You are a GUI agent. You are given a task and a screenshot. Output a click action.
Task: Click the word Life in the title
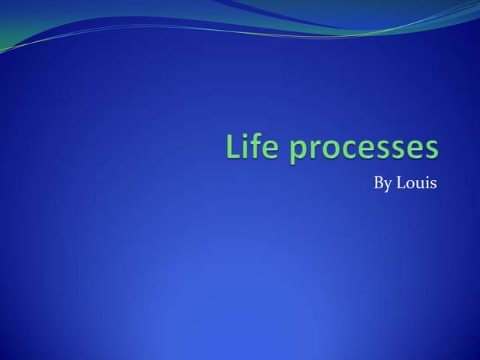tap(250, 147)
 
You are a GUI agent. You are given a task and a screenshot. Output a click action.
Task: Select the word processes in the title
tap(364, 148)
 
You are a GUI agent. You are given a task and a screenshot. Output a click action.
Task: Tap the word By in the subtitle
tap(382, 184)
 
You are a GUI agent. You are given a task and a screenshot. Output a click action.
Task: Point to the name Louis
tap(416, 184)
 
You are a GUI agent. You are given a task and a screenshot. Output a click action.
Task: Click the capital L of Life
tap(232, 147)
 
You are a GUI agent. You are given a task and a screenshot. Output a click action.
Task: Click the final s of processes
tap(430, 149)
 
